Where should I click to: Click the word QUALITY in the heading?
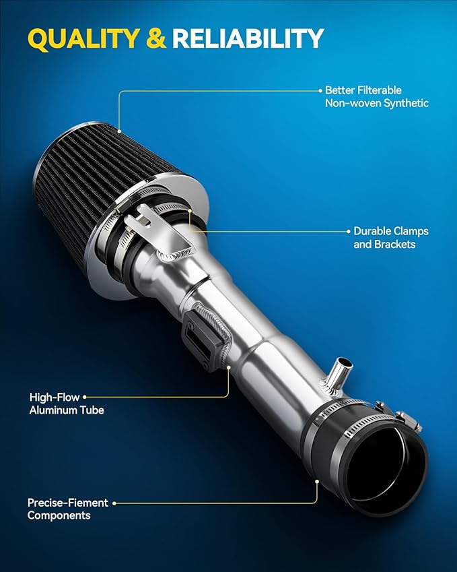click(83, 38)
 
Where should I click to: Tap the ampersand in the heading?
click(156, 38)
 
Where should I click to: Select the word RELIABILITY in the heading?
click(248, 38)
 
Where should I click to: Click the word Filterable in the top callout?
click(379, 90)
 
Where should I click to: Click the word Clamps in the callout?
click(411, 231)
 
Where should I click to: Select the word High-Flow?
click(55, 397)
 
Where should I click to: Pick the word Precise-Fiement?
click(68, 503)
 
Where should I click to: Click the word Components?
click(59, 515)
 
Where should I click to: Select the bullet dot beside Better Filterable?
click(320, 90)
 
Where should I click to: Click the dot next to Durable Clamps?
click(349, 231)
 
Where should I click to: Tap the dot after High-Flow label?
click(85, 397)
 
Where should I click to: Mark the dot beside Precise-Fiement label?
click(114, 503)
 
